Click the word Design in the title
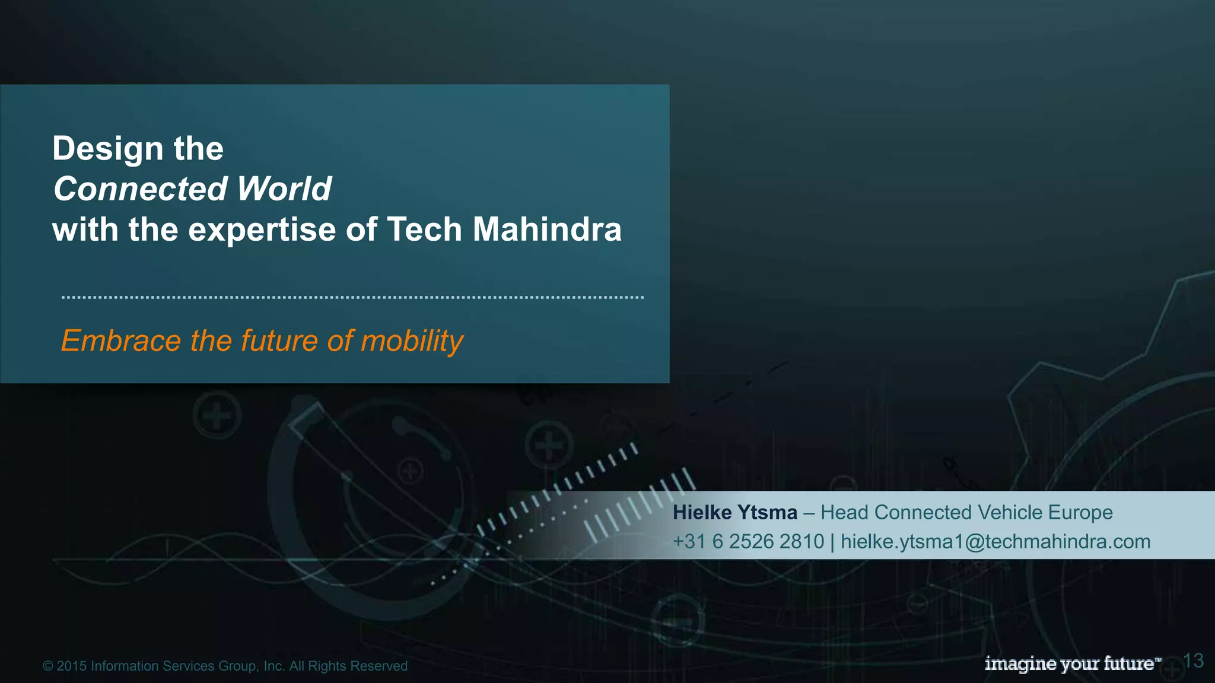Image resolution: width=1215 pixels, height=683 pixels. pyautogui.click(x=107, y=149)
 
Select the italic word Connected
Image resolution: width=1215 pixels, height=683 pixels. pyautogui.click(x=141, y=189)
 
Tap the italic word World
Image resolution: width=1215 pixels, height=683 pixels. pyautogui.click(x=284, y=189)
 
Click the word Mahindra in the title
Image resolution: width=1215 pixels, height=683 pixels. pyautogui.click(x=546, y=229)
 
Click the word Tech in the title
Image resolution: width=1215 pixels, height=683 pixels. pyautogui.click(x=424, y=229)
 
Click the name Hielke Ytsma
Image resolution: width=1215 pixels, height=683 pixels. pyautogui.click(x=734, y=512)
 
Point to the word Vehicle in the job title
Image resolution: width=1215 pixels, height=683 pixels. pyautogui.click(x=1010, y=512)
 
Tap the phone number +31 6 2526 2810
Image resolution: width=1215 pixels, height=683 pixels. pyautogui.click(x=748, y=541)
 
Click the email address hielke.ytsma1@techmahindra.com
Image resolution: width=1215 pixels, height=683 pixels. pyautogui.click(x=995, y=541)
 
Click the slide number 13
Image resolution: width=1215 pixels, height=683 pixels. pyautogui.click(x=1193, y=660)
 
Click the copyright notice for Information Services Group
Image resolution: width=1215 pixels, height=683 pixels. pyautogui.click(x=225, y=666)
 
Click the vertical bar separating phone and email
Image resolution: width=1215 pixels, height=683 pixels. pyautogui.click(x=832, y=542)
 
